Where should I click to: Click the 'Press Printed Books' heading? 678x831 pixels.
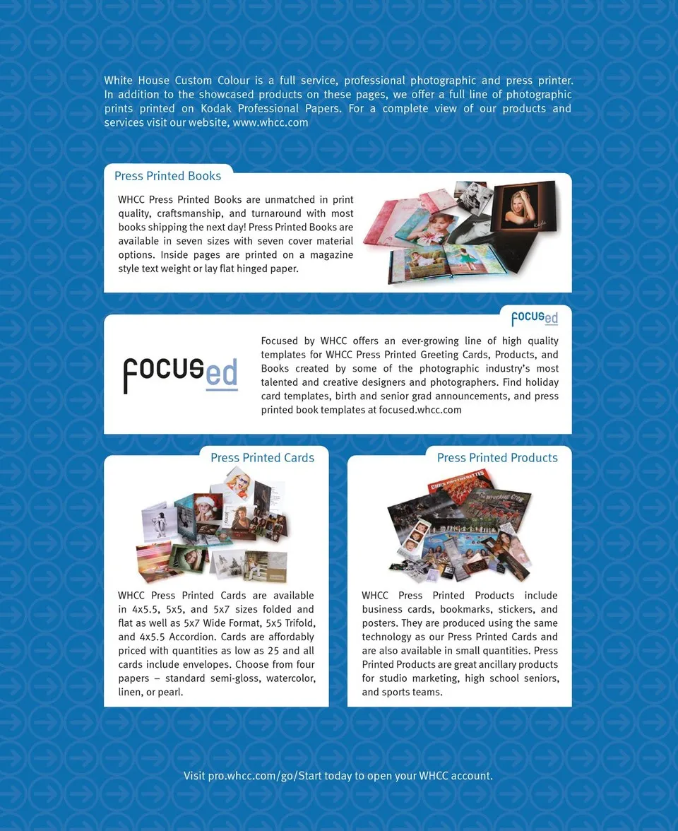(167, 176)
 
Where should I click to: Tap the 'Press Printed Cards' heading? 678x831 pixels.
(262, 458)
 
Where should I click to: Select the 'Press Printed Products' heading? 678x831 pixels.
(497, 458)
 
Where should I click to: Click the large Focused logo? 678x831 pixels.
(181, 374)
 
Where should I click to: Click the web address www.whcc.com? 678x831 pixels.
(270, 122)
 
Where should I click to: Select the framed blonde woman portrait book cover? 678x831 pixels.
(523, 206)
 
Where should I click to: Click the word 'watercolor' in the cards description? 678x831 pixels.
(287, 678)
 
